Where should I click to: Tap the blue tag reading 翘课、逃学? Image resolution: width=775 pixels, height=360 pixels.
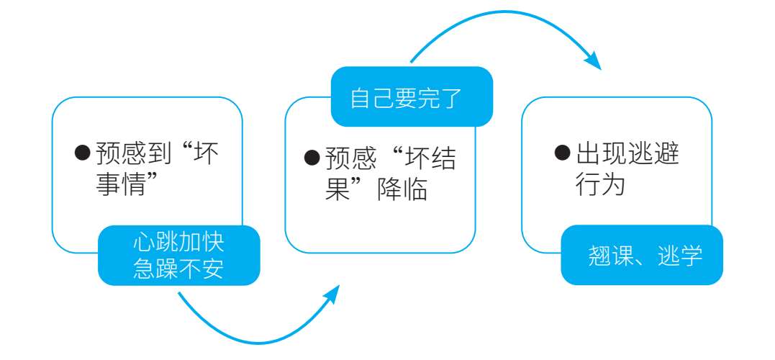click(x=642, y=255)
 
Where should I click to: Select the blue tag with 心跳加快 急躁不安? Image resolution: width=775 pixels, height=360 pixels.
click(x=178, y=256)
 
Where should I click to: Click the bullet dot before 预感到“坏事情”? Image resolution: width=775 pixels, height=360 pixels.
click(x=83, y=153)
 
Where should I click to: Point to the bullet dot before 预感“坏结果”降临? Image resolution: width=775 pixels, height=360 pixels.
click(x=312, y=158)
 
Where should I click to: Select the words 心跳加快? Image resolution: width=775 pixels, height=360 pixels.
click(x=178, y=243)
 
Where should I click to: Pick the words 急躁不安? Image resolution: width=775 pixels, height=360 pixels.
click(x=178, y=269)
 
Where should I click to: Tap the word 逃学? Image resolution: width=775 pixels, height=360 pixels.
click(x=680, y=256)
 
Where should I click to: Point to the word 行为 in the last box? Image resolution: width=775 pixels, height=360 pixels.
click(x=599, y=185)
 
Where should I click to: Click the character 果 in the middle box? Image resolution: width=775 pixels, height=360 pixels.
click(x=336, y=190)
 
